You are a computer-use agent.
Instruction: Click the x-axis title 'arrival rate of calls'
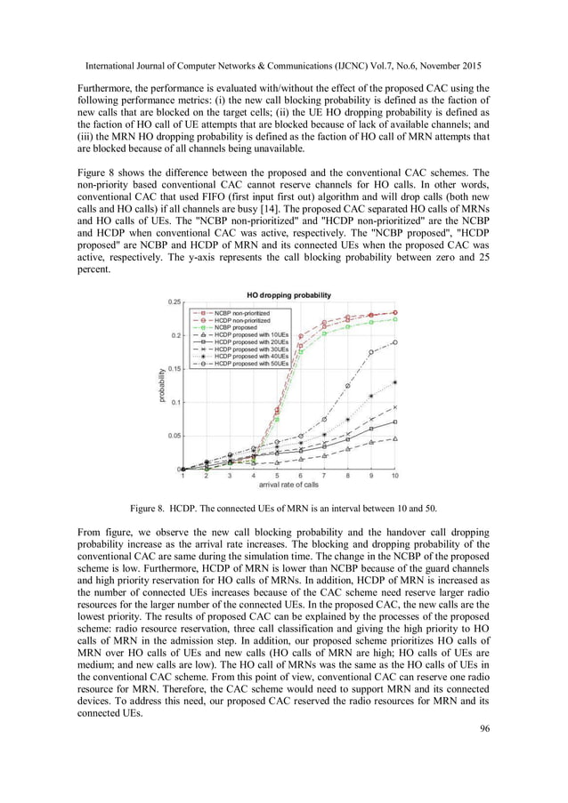tap(288, 486)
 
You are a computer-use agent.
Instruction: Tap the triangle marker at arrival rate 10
tap(394, 438)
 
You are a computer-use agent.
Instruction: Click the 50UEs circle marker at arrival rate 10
tap(394, 341)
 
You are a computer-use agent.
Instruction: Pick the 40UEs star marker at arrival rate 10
tap(394, 382)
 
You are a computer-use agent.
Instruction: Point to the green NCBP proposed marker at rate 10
tap(394, 319)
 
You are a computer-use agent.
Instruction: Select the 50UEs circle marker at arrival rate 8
tap(348, 385)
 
